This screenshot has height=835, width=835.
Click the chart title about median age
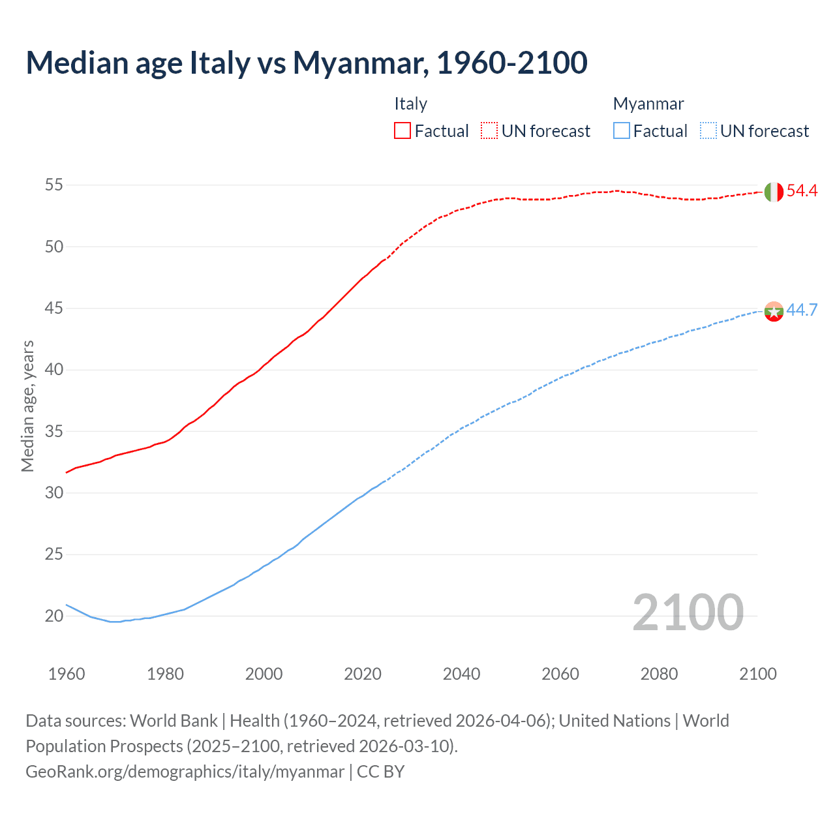click(307, 63)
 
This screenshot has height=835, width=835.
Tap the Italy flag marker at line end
click(774, 192)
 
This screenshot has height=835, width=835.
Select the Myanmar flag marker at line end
click(774, 311)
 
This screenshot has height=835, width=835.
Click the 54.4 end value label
click(802, 191)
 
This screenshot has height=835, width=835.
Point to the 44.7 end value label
click(802, 310)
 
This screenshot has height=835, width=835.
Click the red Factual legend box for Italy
click(402, 131)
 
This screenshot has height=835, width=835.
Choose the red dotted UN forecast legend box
click(489, 131)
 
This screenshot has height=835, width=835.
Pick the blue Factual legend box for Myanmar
click(622, 131)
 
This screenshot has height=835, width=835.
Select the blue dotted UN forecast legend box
click(708, 131)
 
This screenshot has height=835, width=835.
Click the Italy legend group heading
click(410, 104)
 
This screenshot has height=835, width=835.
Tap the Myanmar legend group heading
click(648, 104)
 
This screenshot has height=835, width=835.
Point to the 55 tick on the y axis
click(53, 185)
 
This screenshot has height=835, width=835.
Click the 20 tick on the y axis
click(53, 616)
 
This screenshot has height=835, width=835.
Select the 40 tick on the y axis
click(53, 370)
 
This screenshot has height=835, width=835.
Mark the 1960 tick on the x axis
click(67, 674)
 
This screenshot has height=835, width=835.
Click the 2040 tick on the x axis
click(462, 674)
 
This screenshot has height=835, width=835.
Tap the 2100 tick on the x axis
click(758, 674)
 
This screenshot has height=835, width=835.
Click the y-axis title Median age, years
click(27, 406)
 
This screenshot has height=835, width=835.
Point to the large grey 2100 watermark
click(688, 613)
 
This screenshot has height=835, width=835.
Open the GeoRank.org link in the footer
click(185, 772)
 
